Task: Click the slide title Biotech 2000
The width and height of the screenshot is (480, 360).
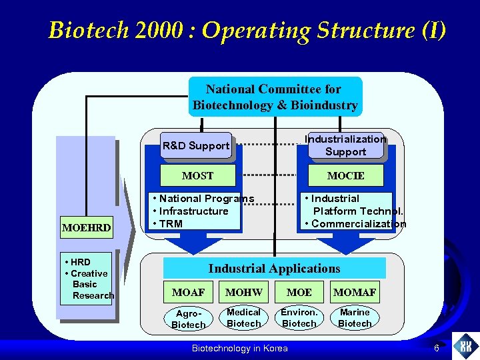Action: [247, 31]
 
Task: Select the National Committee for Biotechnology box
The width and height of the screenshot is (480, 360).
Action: [275, 97]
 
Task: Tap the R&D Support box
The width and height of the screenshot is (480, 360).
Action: [196, 145]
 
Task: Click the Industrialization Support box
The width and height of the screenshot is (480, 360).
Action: [345, 145]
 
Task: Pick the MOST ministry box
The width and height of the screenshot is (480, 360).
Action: [198, 176]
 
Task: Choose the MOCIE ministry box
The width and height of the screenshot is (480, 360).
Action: [345, 176]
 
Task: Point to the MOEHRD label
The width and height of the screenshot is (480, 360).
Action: [86, 229]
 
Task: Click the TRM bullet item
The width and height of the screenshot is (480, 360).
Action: [171, 223]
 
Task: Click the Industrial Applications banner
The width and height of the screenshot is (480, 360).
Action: [274, 269]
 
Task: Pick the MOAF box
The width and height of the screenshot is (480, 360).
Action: [189, 292]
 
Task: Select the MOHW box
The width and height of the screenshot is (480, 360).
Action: [244, 292]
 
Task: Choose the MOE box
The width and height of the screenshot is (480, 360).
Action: [299, 292]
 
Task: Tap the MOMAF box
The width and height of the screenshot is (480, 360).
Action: [355, 292]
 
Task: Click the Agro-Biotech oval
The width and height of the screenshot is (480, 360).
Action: [189, 319]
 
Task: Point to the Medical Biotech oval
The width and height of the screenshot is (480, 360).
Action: [244, 318]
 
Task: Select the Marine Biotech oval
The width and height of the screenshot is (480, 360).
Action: [355, 318]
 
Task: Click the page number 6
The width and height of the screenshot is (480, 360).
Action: [436, 348]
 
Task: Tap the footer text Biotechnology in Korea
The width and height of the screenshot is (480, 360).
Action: [239, 348]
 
